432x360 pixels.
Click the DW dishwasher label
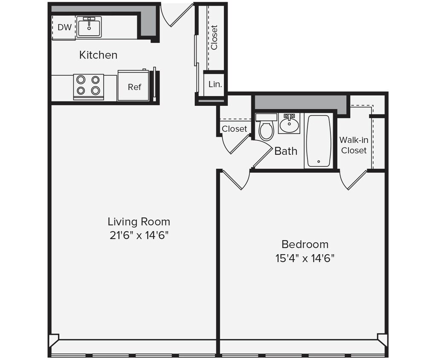click(64, 28)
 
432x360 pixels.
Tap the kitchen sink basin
click(89, 27)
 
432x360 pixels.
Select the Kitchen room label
click(98, 55)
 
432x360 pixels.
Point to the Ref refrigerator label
click(134, 87)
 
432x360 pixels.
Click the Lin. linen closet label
click(215, 84)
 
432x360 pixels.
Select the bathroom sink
click(290, 124)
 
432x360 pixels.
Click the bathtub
click(318, 141)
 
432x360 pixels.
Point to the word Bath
click(286, 151)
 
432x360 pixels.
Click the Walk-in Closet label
click(354, 145)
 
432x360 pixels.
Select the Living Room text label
click(139, 222)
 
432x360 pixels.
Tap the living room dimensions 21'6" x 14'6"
click(139, 235)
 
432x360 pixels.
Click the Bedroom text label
click(305, 244)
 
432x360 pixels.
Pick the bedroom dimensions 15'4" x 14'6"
click(305, 258)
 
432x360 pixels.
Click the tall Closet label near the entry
click(214, 37)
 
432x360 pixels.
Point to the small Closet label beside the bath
click(234, 129)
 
